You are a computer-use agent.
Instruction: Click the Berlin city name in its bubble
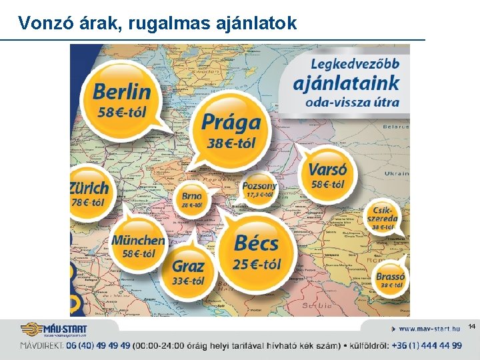122,91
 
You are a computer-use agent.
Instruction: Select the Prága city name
231,123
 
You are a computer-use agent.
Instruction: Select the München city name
138,240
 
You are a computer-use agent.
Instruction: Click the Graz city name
189,266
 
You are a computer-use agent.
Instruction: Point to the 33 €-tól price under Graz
189,281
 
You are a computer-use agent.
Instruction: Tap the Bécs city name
256,242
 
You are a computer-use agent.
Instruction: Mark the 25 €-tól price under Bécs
257,264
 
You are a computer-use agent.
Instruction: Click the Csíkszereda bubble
383,217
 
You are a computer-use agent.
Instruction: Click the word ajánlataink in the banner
347,84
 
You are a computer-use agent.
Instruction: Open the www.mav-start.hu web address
429,329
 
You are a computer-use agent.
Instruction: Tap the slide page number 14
472,326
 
